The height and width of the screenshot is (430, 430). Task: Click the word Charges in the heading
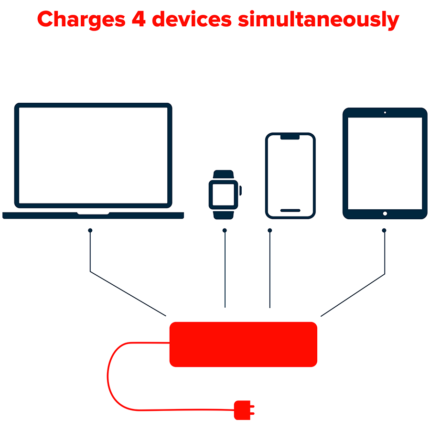pos(81,20)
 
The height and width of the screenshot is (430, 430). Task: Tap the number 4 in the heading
pos(139,19)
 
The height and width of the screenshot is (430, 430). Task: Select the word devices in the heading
pos(192,19)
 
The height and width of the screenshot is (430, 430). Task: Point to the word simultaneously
pos(318,20)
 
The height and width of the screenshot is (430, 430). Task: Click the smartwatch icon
pos(225,195)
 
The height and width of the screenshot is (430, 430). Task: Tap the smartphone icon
pos(290,176)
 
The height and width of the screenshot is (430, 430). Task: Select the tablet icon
pos(385,163)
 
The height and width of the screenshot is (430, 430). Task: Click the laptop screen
pos(93,155)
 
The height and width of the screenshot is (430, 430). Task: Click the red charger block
pos(243,344)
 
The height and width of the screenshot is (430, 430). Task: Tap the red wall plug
pos(244,410)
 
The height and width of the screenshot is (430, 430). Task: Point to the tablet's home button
pos(385,214)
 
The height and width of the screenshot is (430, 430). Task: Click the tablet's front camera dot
pos(385,112)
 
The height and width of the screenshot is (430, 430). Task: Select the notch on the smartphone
pos(290,137)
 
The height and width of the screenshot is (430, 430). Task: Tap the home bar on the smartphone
pos(290,210)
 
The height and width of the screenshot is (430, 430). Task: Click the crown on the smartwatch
pos(240,191)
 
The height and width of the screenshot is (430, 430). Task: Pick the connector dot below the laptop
pos(90,230)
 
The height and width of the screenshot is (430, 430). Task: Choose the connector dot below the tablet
pos(384,230)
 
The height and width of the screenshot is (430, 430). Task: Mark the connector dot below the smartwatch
pos(225,230)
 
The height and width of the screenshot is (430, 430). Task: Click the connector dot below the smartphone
pos(270,230)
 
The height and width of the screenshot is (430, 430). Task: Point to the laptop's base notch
pos(93,213)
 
